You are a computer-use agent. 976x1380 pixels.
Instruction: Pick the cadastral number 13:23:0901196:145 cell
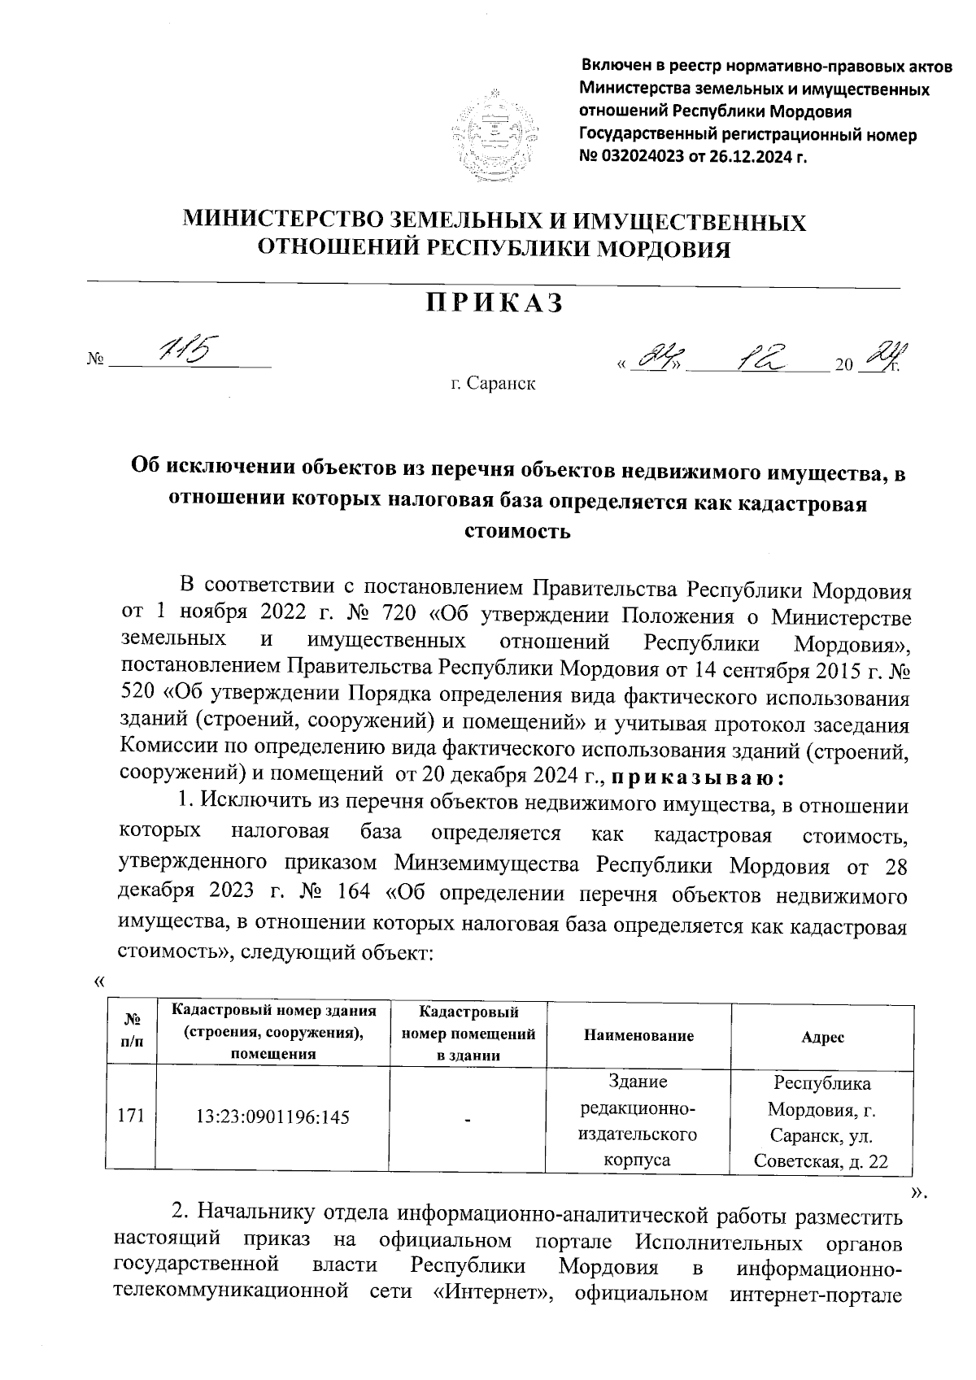[x=272, y=1117]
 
